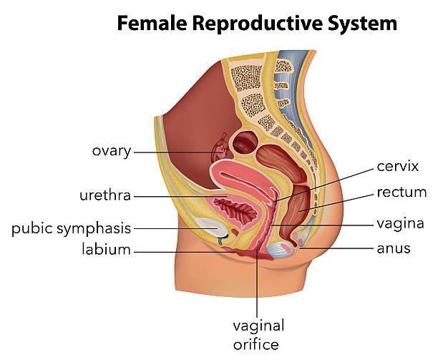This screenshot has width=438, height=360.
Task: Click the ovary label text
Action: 111,151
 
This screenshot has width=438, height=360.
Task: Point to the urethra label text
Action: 106,195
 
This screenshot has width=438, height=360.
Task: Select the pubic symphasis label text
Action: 71,229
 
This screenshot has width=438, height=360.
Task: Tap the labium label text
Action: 106,250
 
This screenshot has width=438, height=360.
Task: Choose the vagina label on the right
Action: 400,223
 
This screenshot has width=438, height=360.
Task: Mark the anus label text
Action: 393,249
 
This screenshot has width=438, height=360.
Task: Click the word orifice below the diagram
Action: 255,344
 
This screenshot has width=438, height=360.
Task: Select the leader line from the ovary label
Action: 175,152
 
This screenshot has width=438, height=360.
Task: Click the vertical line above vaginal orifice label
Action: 258,286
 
